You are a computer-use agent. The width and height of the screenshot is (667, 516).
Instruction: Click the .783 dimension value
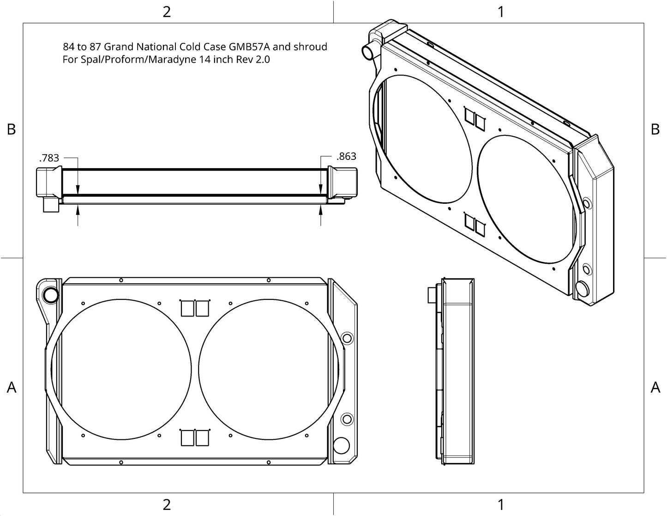[x=49, y=158]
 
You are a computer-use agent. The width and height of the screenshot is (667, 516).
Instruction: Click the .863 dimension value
[x=346, y=156]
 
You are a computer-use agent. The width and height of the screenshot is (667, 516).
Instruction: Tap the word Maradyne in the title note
[x=172, y=59]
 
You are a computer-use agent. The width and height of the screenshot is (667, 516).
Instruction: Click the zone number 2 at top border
[x=166, y=12]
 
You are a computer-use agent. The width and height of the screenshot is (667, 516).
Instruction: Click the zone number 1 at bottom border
[x=501, y=504]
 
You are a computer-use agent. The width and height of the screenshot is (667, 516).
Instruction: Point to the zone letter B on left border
[x=12, y=129]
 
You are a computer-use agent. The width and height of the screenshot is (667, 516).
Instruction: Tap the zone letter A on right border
[x=655, y=387]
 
